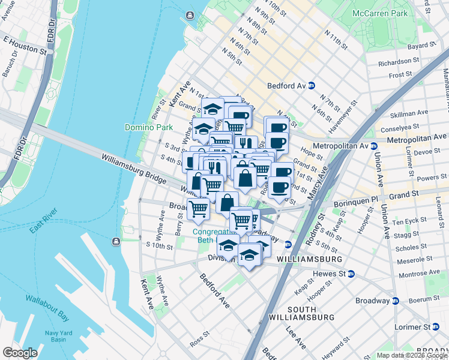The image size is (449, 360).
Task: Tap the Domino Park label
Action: click(148, 127)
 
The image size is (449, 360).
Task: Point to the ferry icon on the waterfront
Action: click(115, 242)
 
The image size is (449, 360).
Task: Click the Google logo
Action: click(20, 353)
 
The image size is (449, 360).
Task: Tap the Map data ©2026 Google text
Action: click(412, 355)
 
